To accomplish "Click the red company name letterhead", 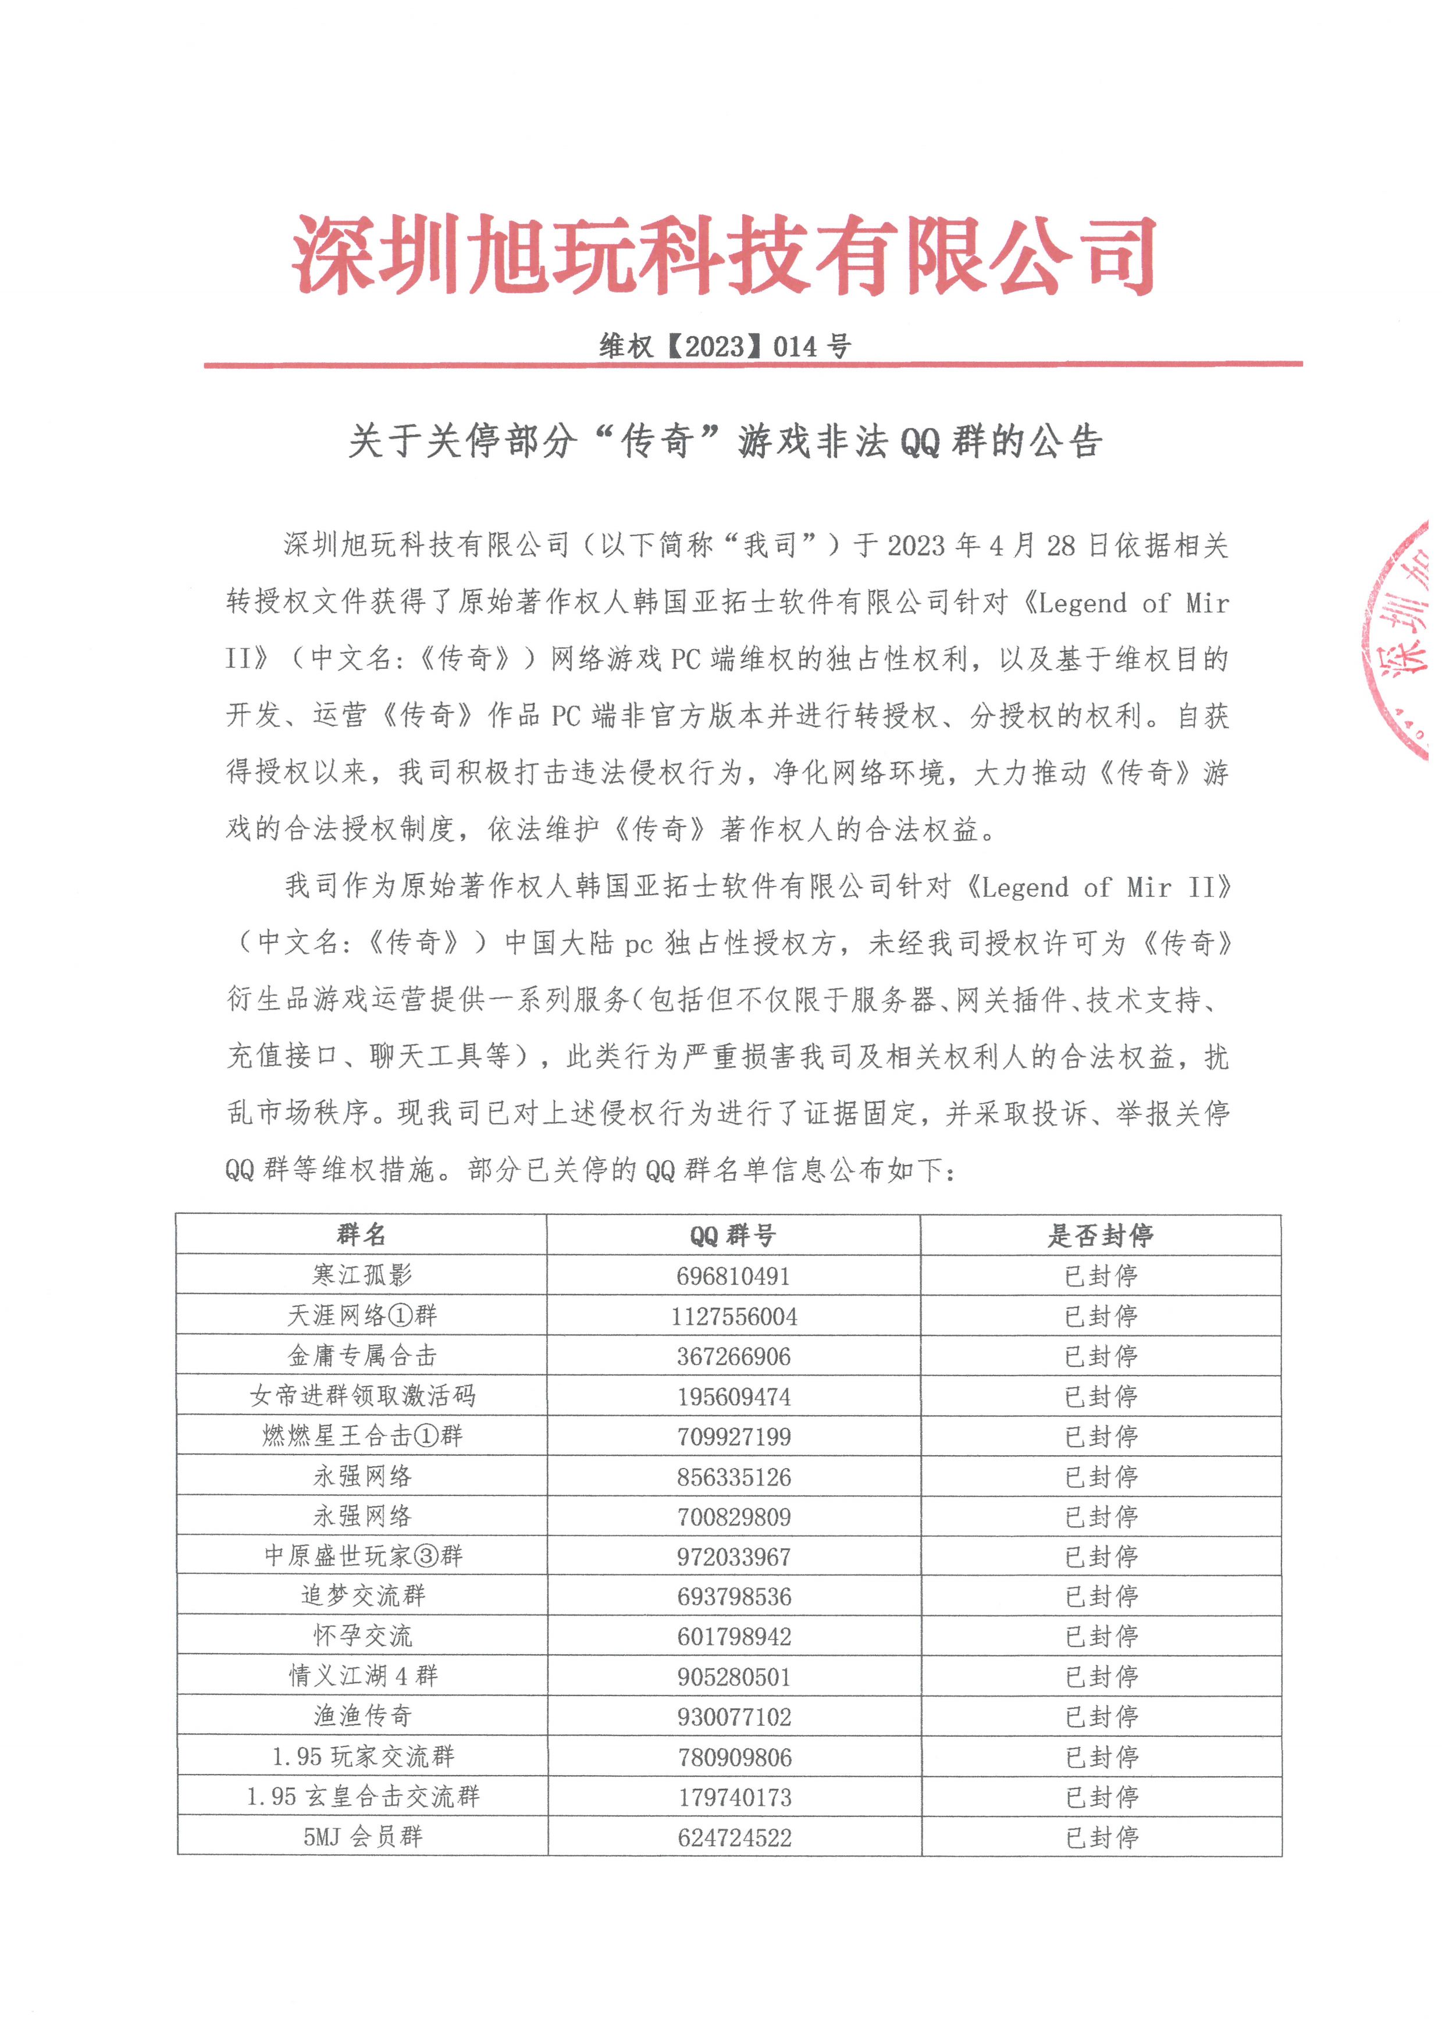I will [724, 255].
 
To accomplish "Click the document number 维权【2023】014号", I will [725, 345].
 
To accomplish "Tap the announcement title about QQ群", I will [725, 441].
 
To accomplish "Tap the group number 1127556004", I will [734, 1316].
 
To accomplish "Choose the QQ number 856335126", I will [734, 1476].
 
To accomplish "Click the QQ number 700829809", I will [734, 1516].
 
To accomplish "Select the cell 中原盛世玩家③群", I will [362, 1555].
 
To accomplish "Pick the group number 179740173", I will [734, 1797].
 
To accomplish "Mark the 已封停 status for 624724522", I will [1101, 1837].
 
